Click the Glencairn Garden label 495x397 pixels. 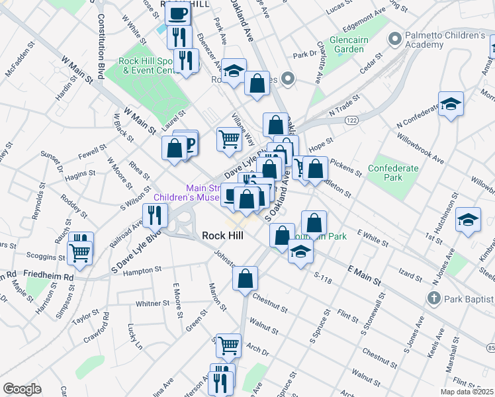click(345, 44)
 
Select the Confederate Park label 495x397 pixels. click(393, 173)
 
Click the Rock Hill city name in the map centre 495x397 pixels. click(222, 236)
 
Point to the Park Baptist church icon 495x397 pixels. click(435, 298)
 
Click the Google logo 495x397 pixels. click(21, 389)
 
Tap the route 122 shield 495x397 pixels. click(351, 120)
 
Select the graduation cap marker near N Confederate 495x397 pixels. click(451, 104)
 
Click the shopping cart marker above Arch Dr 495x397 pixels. click(228, 344)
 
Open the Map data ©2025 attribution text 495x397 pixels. click(467, 392)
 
